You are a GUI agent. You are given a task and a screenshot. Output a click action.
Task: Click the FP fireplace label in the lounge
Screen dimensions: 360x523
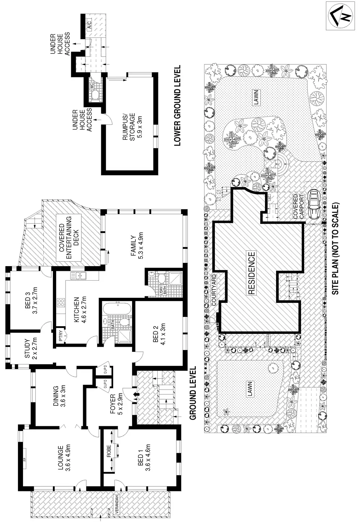pos(26,462)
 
